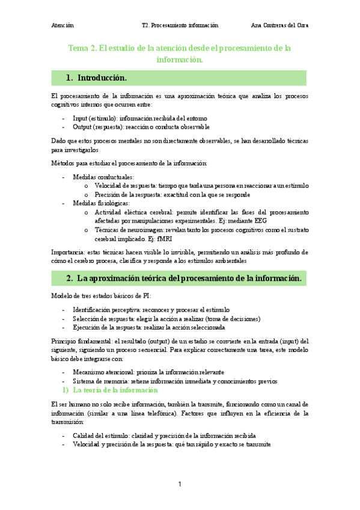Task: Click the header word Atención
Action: point(63,25)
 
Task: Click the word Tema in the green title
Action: point(79,48)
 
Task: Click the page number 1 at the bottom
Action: point(180,484)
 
